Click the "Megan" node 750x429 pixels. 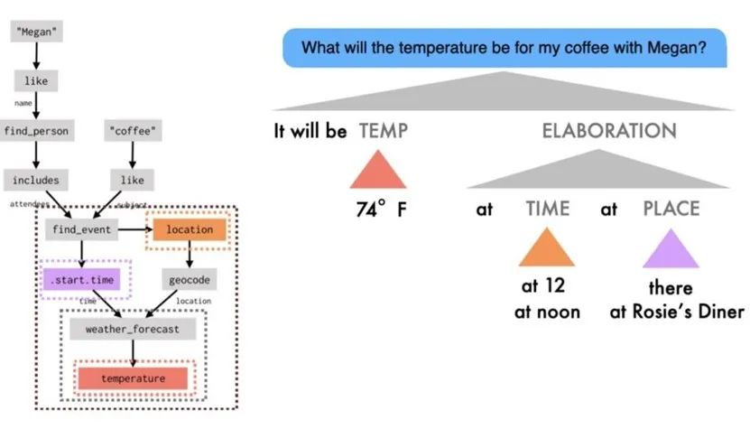(x=36, y=32)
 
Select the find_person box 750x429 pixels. (x=36, y=130)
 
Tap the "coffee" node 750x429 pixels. (x=133, y=130)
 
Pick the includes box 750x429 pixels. (x=36, y=180)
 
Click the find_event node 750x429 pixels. (x=81, y=229)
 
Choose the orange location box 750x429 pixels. (x=190, y=229)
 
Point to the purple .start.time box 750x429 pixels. (x=81, y=280)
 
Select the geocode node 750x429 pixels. (x=190, y=280)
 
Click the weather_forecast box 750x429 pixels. (x=132, y=329)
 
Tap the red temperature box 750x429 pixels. (x=133, y=378)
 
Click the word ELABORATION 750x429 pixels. (x=608, y=131)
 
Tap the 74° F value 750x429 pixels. (x=381, y=210)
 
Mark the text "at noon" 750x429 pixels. (x=547, y=312)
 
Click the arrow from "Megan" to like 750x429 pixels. (x=36, y=56)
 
